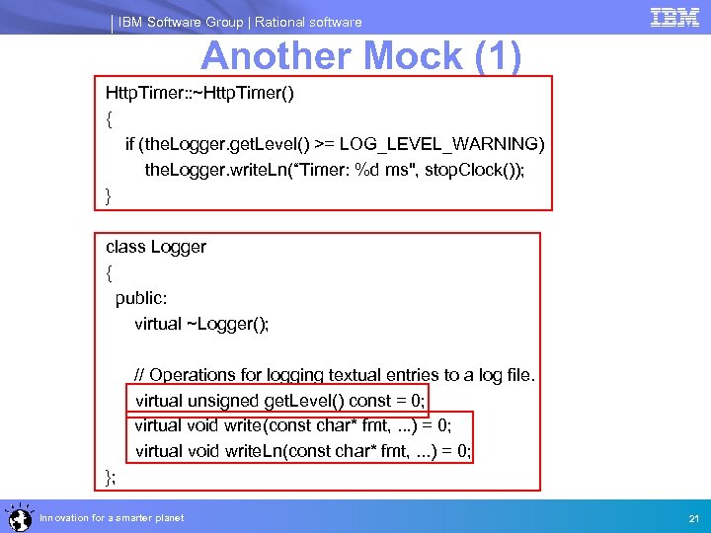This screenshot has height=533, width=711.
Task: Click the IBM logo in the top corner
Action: (x=674, y=17)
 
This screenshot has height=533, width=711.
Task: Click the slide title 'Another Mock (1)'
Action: (x=360, y=56)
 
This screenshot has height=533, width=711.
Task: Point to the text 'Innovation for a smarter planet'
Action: (x=112, y=518)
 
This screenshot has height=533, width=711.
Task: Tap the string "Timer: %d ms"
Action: (x=332, y=170)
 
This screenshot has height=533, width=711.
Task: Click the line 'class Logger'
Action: (x=156, y=247)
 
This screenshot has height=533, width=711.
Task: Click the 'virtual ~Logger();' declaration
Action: (x=201, y=324)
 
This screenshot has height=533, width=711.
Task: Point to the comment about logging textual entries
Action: (x=335, y=375)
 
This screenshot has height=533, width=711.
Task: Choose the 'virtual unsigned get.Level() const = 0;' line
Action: (x=279, y=401)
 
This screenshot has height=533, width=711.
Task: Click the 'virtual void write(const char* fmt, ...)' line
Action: (x=293, y=426)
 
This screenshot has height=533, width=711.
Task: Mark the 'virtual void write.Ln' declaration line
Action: (x=303, y=452)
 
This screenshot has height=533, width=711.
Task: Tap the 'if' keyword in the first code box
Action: (x=130, y=145)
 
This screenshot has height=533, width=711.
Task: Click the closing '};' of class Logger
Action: (x=111, y=478)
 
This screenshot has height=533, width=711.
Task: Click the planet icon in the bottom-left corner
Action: (x=17, y=516)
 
